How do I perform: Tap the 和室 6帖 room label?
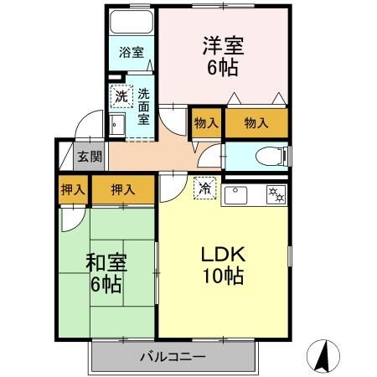pos(105,272)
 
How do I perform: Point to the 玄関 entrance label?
pos(90,157)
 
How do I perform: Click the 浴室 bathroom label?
pos(131,52)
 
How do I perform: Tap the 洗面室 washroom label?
pos(144,106)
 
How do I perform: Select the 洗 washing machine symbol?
pos(122,97)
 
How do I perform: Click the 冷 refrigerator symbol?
pos(204,189)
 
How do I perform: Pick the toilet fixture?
pos(269,156)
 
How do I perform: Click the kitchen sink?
pos(236,196)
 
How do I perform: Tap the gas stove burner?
pos(274,196)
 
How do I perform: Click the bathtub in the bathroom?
pos(132,23)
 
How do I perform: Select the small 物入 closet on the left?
pos(206,123)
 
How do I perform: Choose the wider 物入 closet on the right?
pos(256,123)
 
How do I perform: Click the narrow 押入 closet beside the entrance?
pos(72,190)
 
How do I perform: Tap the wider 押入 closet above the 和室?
pos(123,190)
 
